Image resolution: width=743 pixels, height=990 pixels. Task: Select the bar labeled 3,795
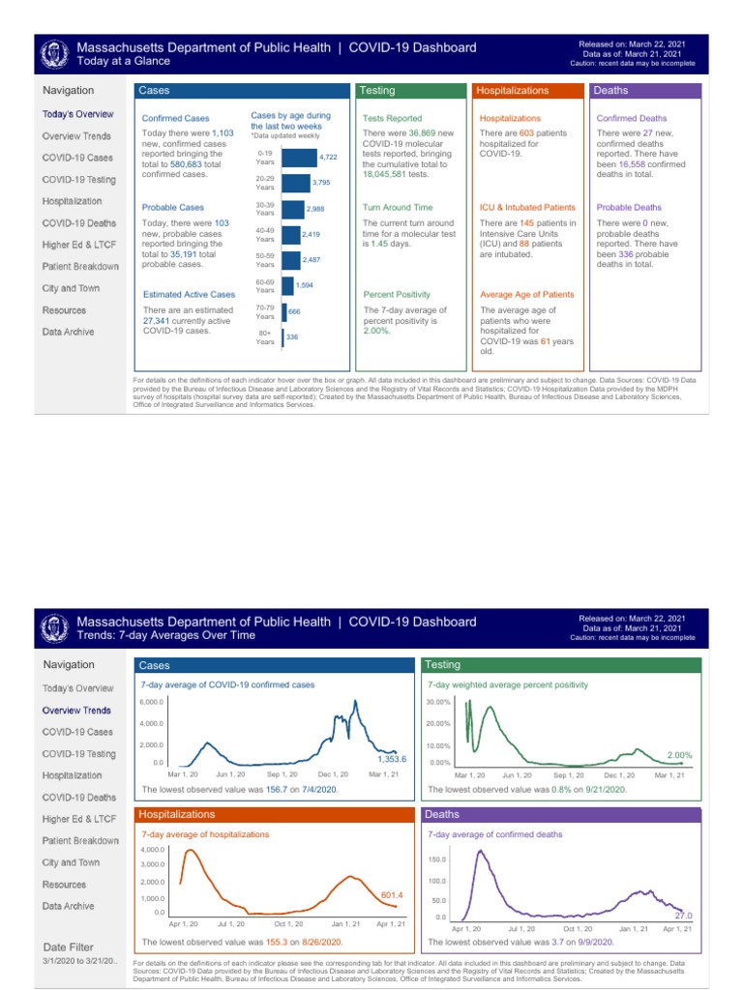[x=295, y=183]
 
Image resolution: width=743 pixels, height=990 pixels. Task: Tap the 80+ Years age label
[x=264, y=337]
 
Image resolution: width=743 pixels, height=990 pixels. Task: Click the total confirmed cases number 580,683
[x=182, y=164]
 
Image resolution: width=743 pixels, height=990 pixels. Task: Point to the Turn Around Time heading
[x=398, y=207]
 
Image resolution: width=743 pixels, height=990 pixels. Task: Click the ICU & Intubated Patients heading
[x=527, y=207]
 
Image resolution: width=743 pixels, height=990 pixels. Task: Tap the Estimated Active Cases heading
[x=189, y=294]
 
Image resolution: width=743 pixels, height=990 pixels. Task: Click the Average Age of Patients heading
[x=526, y=294]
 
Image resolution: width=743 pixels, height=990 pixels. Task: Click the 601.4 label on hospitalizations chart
[x=392, y=895]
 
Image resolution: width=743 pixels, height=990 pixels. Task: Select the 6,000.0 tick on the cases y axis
[x=152, y=701]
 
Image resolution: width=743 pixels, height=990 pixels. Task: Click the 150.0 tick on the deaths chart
[x=436, y=859]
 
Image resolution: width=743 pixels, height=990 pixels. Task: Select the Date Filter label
[x=69, y=946]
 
